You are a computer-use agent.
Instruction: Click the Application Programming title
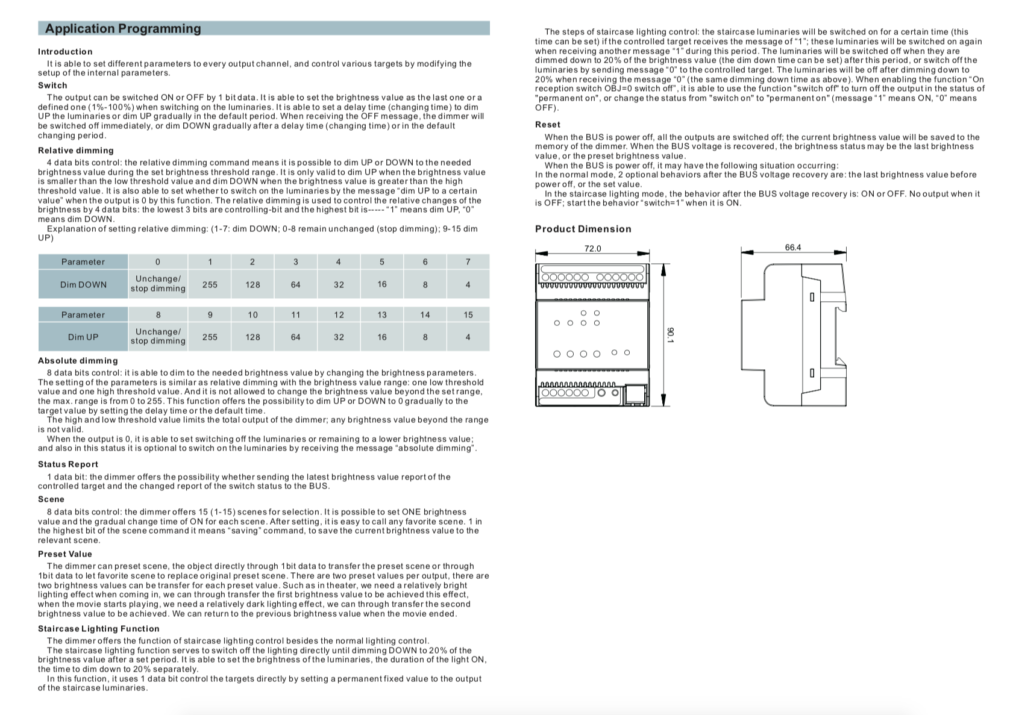point(123,29)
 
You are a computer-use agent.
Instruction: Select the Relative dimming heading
point(75,151)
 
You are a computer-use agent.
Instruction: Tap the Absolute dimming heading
point(78,361)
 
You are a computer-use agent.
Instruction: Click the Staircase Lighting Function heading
point(98,629)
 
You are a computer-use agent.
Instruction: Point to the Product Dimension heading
point(583,229)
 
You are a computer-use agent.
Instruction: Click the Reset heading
point(547,125)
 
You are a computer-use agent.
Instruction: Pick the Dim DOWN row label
point(83,285)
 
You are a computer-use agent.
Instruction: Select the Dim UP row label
point(83,337)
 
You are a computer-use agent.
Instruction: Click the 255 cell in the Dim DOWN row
point(210,285)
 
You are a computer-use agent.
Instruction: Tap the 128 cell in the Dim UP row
point(252,337)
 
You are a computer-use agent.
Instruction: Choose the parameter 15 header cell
point(468,315)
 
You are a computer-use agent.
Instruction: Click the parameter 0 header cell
point(158,262)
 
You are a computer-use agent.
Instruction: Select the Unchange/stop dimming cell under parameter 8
point(158,337)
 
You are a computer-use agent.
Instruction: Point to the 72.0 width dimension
point(592,249)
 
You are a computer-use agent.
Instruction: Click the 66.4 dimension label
point(793,248)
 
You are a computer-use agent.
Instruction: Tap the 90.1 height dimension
point(671,335)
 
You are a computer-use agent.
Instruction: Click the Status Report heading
point(67,464)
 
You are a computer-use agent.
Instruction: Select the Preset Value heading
point(64,554)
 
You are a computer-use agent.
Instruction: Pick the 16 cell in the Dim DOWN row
point(382,284)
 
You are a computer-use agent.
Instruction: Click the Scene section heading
point(51,499)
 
